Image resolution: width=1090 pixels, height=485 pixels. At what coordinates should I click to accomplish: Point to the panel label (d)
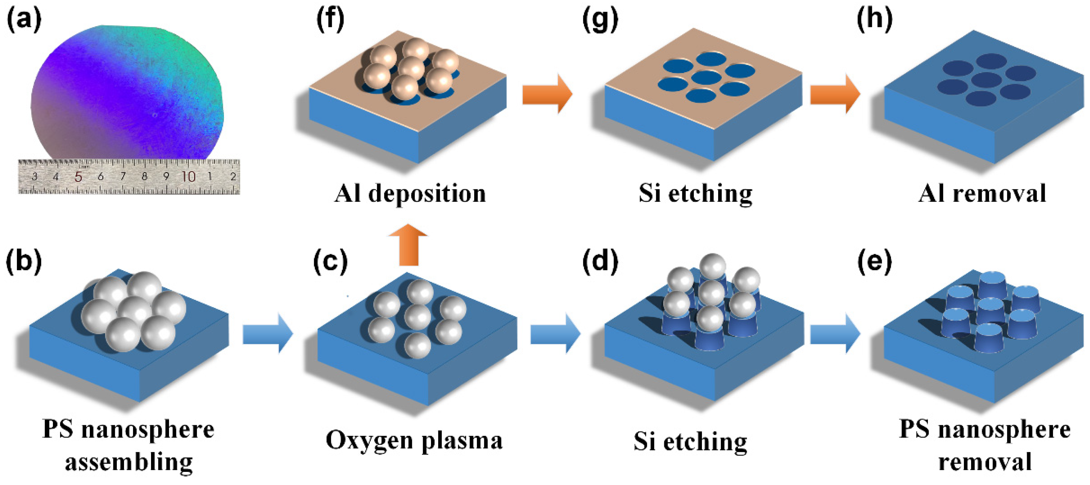coord(600,261)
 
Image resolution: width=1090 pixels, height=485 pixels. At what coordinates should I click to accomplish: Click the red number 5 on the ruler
coord(78,176)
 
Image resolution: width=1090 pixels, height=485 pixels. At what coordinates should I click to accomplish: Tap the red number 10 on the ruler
coord(188,176)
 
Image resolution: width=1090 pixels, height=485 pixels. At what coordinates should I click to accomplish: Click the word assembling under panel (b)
coord(129,462)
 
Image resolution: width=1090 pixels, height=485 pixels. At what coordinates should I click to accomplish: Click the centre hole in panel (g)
coord(705,78)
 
